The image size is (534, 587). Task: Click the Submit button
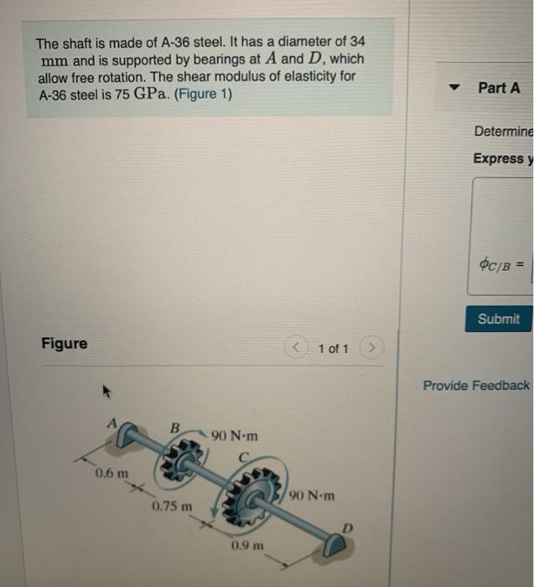point(499,319)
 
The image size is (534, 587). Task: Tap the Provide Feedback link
point(476,385)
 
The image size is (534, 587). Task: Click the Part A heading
point(499,87)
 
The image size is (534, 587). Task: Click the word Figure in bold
point(65,344)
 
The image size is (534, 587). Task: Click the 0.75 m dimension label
point(173,506)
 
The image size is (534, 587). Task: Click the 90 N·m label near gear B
point(235,436)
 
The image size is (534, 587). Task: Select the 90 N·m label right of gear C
point(311,496)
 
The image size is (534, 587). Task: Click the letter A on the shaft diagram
point(111,423)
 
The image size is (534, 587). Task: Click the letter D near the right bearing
point(345,527)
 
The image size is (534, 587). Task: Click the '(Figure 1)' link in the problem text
point(202,94)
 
